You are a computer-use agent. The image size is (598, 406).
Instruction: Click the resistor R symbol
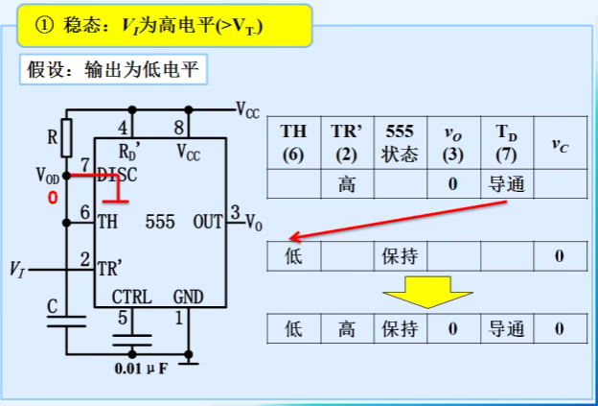pos(66,136)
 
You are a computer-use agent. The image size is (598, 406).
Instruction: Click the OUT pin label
pos(207,222)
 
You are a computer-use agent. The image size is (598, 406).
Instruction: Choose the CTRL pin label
pos(131,297)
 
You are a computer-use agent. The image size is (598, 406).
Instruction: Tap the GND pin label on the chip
pos(188,297)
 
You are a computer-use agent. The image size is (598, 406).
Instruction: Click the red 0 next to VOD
pos(54,198)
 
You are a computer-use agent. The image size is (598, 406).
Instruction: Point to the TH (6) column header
pos(293,142)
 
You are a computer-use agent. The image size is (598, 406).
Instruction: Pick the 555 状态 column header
pos(400,142)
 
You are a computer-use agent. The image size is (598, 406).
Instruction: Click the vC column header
pos(560,144)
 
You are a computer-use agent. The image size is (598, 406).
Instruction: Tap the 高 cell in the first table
pos(347,184)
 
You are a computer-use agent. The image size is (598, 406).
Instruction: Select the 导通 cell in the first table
pos(507,184)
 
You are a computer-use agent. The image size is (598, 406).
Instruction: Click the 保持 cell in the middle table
pos(400,256)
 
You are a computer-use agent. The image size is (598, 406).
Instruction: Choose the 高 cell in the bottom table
pos(347,329)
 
